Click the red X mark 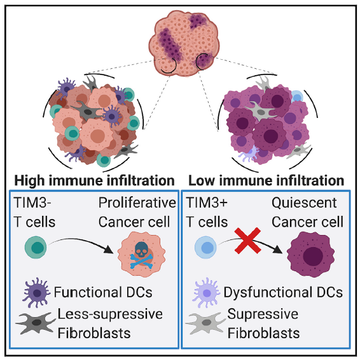click(247, 241)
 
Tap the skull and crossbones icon click(141, 255)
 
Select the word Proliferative click(137, 203)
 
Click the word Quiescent click(304, 203)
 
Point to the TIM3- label click(32, 203)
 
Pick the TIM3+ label click(207, 203)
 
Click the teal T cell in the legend click(36, 247)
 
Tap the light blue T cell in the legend click(205, 247)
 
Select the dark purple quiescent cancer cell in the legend click(310, 255)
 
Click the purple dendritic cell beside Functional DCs click(36, 293)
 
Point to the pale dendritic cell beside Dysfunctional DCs click(206, 293)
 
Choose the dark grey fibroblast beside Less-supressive click(36, 323)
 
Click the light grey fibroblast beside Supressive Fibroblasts click(205, 323)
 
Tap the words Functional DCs click(103, 292)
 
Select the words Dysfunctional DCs click(283, 292)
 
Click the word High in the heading click(29, 181)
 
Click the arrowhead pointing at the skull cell click(108, 250)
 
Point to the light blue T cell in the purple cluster click(297, 97)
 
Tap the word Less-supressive click(110, 315)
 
